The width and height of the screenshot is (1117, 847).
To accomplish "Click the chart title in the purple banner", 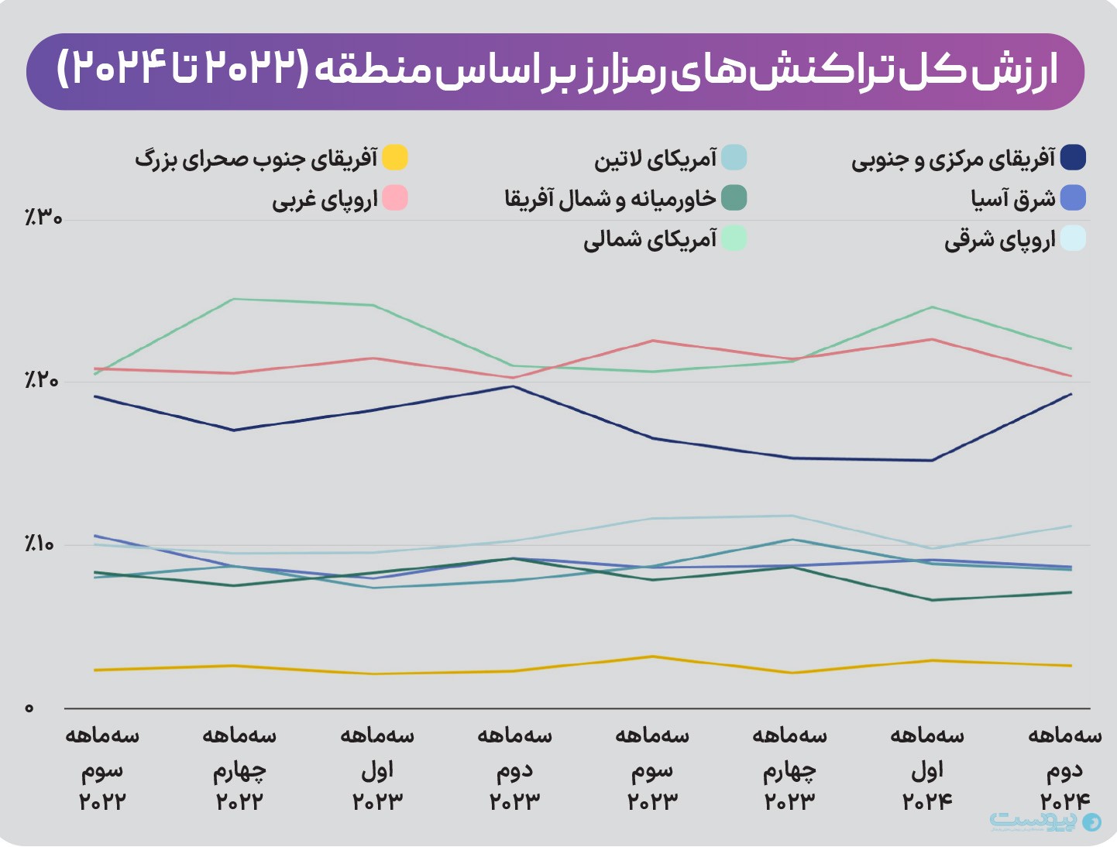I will [x=556, y=70].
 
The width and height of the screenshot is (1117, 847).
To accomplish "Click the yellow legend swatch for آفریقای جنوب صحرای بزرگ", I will [x=395, y=157].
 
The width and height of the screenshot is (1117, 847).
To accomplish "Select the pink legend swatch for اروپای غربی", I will [x=395, y=198].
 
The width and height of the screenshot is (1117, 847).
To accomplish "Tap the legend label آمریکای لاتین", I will [x=655, y=159].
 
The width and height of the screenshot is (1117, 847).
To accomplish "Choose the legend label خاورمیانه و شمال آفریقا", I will [x=610, y=199].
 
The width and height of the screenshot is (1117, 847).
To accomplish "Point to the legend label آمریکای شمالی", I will [x=650, y=239].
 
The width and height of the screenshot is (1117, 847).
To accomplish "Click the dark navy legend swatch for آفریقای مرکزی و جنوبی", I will [x=1073, y=157].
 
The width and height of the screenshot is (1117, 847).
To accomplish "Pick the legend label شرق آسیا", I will [x=1013, y=199].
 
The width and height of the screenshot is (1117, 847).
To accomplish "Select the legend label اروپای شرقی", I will [x=999, y=240].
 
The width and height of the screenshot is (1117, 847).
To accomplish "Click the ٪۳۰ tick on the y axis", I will [x=43, y=218].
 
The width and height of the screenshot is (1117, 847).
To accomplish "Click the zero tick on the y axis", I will [x=29, y=708].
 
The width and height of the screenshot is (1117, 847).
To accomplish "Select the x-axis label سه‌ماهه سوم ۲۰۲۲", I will [x=102, y=768].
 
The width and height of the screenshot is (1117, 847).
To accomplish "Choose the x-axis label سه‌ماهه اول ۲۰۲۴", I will [x=927, y=768].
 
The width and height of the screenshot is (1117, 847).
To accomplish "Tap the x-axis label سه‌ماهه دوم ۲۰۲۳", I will [x=515, y=768].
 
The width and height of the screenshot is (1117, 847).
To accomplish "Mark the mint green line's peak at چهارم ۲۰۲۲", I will [x=234, y=299].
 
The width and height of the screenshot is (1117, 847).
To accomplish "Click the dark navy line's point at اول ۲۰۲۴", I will [x=932, y=461].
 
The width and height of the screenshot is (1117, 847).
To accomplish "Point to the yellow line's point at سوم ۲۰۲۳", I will [x=653, y=657].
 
